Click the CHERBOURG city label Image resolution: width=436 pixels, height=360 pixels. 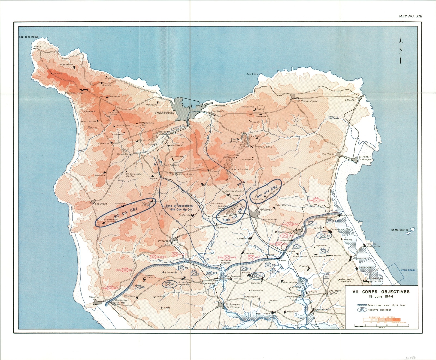click(x=164, y=113)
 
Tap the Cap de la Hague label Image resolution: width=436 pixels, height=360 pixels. click(x=29, y=37)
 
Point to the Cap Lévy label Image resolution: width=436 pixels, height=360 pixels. click(x=252, y=74)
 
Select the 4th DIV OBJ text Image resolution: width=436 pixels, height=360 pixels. click(x=267, y=191)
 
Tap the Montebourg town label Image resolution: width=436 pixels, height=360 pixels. click(x=283, y=232)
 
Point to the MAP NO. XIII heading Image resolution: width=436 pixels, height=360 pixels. click(x=410, y=16)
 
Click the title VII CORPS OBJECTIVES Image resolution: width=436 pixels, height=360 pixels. click(x=381, y=292)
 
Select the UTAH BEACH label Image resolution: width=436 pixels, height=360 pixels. click(x=408, y=270)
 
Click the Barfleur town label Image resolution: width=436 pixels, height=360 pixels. click(x=350, y=100)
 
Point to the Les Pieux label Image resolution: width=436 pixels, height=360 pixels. click(x=101, y=204)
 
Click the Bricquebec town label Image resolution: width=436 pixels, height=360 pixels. click(x=164, y=241)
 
